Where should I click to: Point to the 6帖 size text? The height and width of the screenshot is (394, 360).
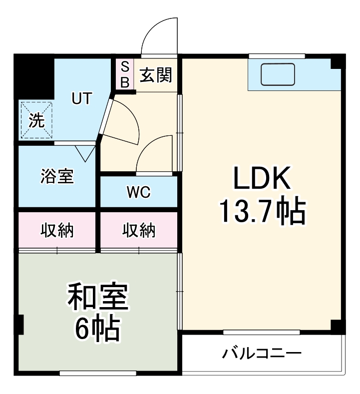97,327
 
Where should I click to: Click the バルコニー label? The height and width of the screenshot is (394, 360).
262,354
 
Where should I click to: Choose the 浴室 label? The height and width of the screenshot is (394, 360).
57,176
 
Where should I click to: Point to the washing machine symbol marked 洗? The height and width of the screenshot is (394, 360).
36,120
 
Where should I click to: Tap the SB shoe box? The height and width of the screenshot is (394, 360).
125,74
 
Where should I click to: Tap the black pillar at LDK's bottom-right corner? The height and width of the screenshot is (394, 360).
338,326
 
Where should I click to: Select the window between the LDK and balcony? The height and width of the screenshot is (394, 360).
261,332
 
